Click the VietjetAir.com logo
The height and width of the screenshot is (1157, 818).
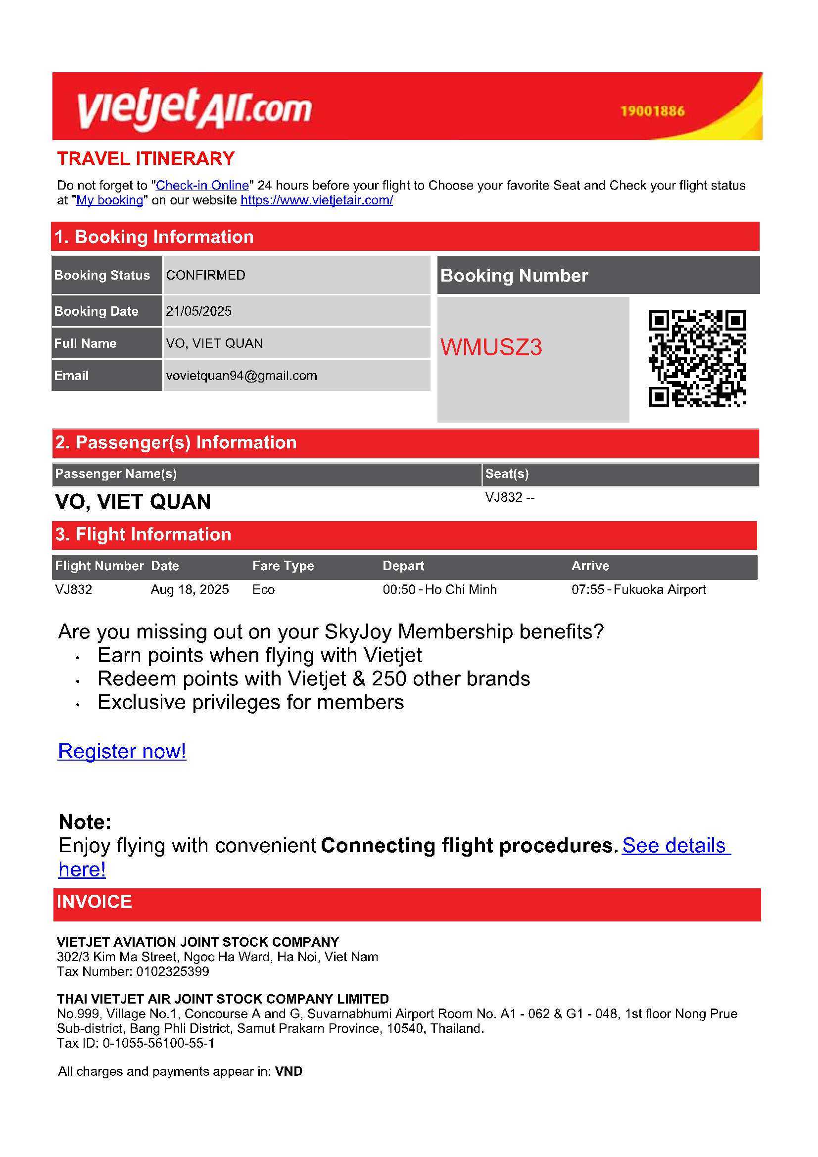(x=194, y=108)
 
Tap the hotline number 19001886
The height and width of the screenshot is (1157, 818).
(x=652, y=111)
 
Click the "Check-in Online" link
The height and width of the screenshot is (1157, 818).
(x=202, y=186)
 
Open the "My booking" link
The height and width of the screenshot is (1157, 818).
(x=109, y=200)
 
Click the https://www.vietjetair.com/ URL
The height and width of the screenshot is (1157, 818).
(x=317, y=200)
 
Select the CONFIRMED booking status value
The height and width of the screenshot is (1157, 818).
(x=206, y=275)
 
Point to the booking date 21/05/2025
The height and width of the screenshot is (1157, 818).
(x=198, y=311)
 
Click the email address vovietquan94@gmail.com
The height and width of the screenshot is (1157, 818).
(x=241, y=376)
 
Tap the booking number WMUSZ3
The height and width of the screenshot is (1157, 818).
(x=491, y=347)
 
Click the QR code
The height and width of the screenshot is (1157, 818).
(x=697, y=358)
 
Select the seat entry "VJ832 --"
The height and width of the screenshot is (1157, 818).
(x=510, y=497)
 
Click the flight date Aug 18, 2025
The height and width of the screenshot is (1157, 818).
(x=190, y=589)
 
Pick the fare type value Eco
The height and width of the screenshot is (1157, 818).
(x=264, y=589)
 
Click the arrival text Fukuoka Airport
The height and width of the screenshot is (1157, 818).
(x=659, y=589)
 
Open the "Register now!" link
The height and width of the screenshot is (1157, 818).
(x=122, y=751)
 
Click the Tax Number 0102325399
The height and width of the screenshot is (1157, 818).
(x=172, y=971)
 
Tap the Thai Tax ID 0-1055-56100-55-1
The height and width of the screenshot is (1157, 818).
(x=158, y=1043)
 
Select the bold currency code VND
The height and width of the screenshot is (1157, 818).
(x=289, y=1071)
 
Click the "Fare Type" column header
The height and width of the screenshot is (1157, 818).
(x=283, y=566)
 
